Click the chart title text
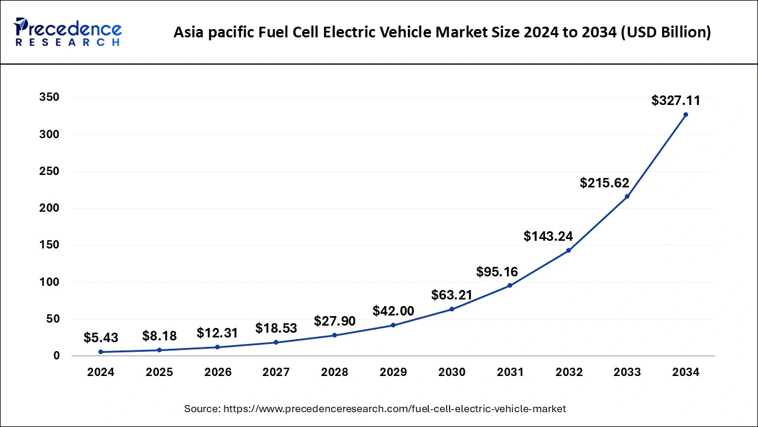442,33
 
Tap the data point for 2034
686,114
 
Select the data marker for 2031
510,286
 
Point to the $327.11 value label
676,101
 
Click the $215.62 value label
605,183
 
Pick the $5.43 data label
101,338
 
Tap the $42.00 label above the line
393,311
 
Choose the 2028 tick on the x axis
335,372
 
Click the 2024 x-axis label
101,372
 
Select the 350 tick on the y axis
49,98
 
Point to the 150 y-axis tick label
49,246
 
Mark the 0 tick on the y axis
57,356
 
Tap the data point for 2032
568,250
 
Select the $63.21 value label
452,295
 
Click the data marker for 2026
217,347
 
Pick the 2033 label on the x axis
627,372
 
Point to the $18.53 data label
276,328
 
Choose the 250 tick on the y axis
49,171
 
